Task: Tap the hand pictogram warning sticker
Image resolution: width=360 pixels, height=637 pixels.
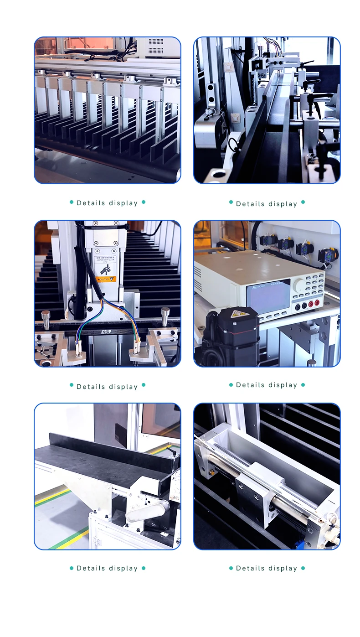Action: [105, 269]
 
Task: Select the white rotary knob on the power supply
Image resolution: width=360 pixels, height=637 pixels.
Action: [300, 286]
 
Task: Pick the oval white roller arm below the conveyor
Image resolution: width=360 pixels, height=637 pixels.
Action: [141, 511]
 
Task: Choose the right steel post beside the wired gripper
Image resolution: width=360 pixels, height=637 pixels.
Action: [165, 316]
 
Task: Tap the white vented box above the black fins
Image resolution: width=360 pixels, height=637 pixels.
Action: [157, 46]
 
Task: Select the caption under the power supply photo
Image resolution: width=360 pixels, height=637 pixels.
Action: [267, 385]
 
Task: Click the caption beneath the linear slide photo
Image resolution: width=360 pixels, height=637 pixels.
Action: [267, 568]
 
